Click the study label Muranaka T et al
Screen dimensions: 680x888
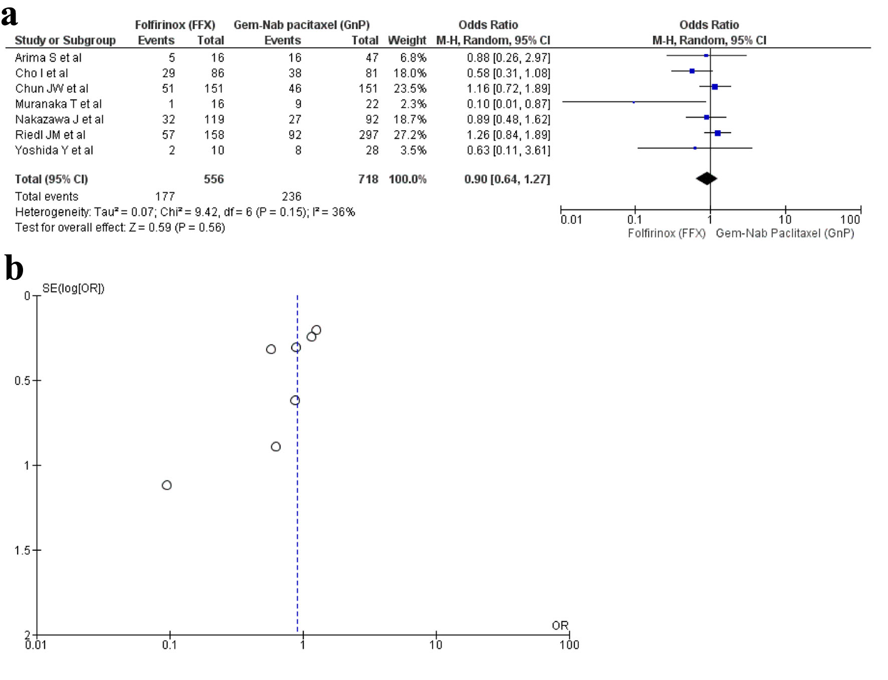coord(58,104)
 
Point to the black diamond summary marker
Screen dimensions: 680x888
coord(707,179)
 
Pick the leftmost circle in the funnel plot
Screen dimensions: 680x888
coord(167,485)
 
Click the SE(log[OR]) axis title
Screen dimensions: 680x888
coord(73,288)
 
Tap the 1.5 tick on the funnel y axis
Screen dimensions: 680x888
coord(23,550)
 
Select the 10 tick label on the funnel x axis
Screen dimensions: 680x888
coord(435,645)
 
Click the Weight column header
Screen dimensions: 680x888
coord(406,41)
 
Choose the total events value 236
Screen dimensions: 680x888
coord(291,197)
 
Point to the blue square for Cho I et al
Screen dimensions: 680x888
coord(692,71)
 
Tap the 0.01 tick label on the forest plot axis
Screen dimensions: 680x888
coord(571,220)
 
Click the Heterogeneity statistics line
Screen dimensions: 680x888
coord(185,212)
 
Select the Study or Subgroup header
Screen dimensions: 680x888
coord(65,41)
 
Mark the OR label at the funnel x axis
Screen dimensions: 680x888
coord(560,625)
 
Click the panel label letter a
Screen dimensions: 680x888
coord(9,16)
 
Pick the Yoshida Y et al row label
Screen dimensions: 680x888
coord(54,151)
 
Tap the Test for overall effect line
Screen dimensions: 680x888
coord(120,228)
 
